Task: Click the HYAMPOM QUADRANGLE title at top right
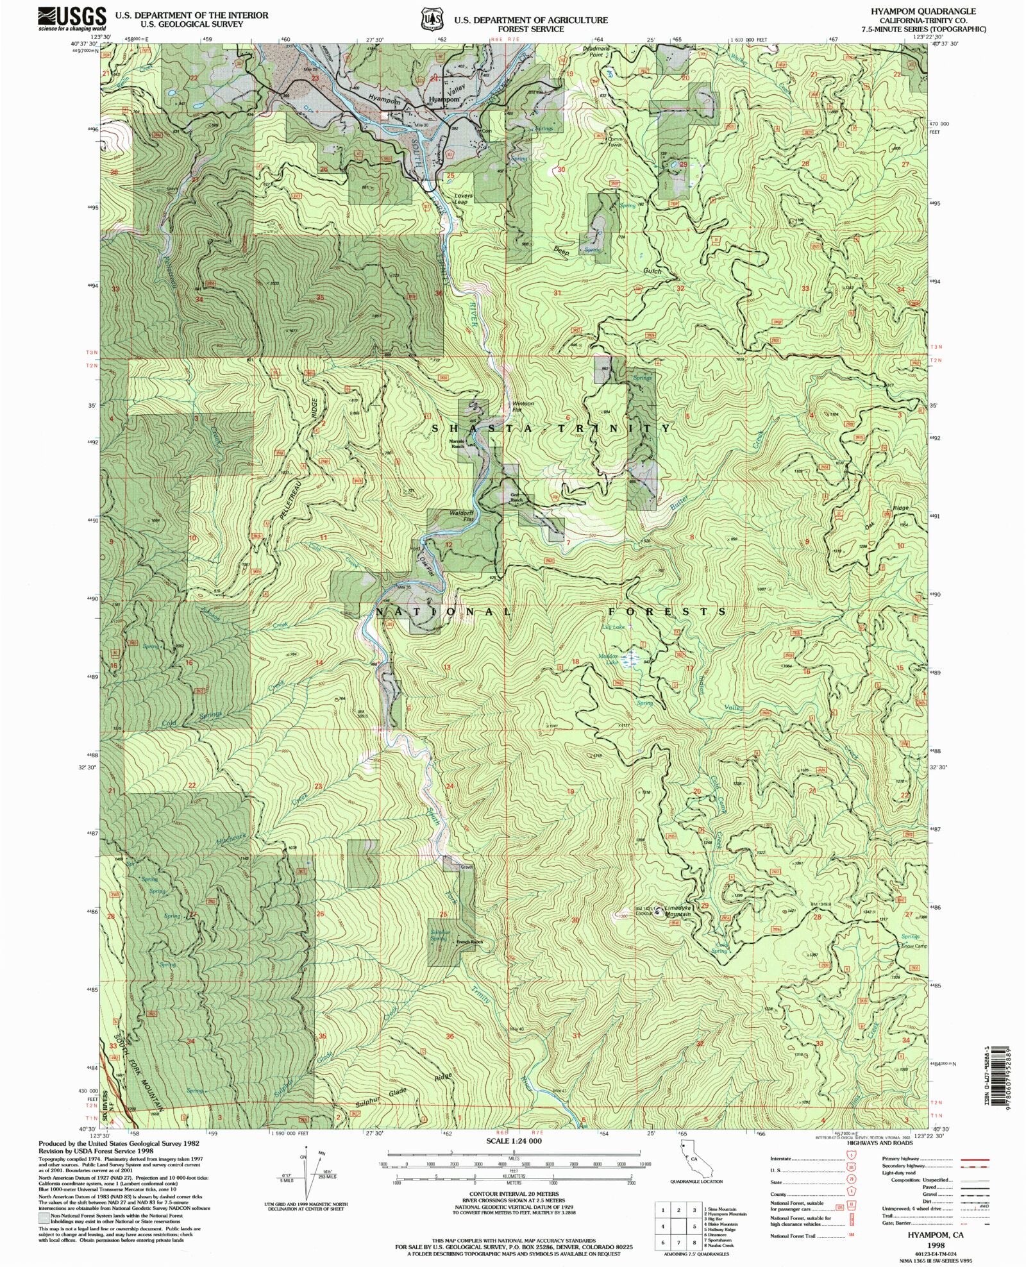pos(923,11)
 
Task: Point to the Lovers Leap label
pos(463,199)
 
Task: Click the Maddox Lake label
pos(607,659)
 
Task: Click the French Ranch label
pos(469,942)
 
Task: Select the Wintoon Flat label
pos(523,407)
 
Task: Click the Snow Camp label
pos(914,946)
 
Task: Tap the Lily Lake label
pos(613,626)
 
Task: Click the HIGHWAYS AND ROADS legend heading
pos(879,1143)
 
